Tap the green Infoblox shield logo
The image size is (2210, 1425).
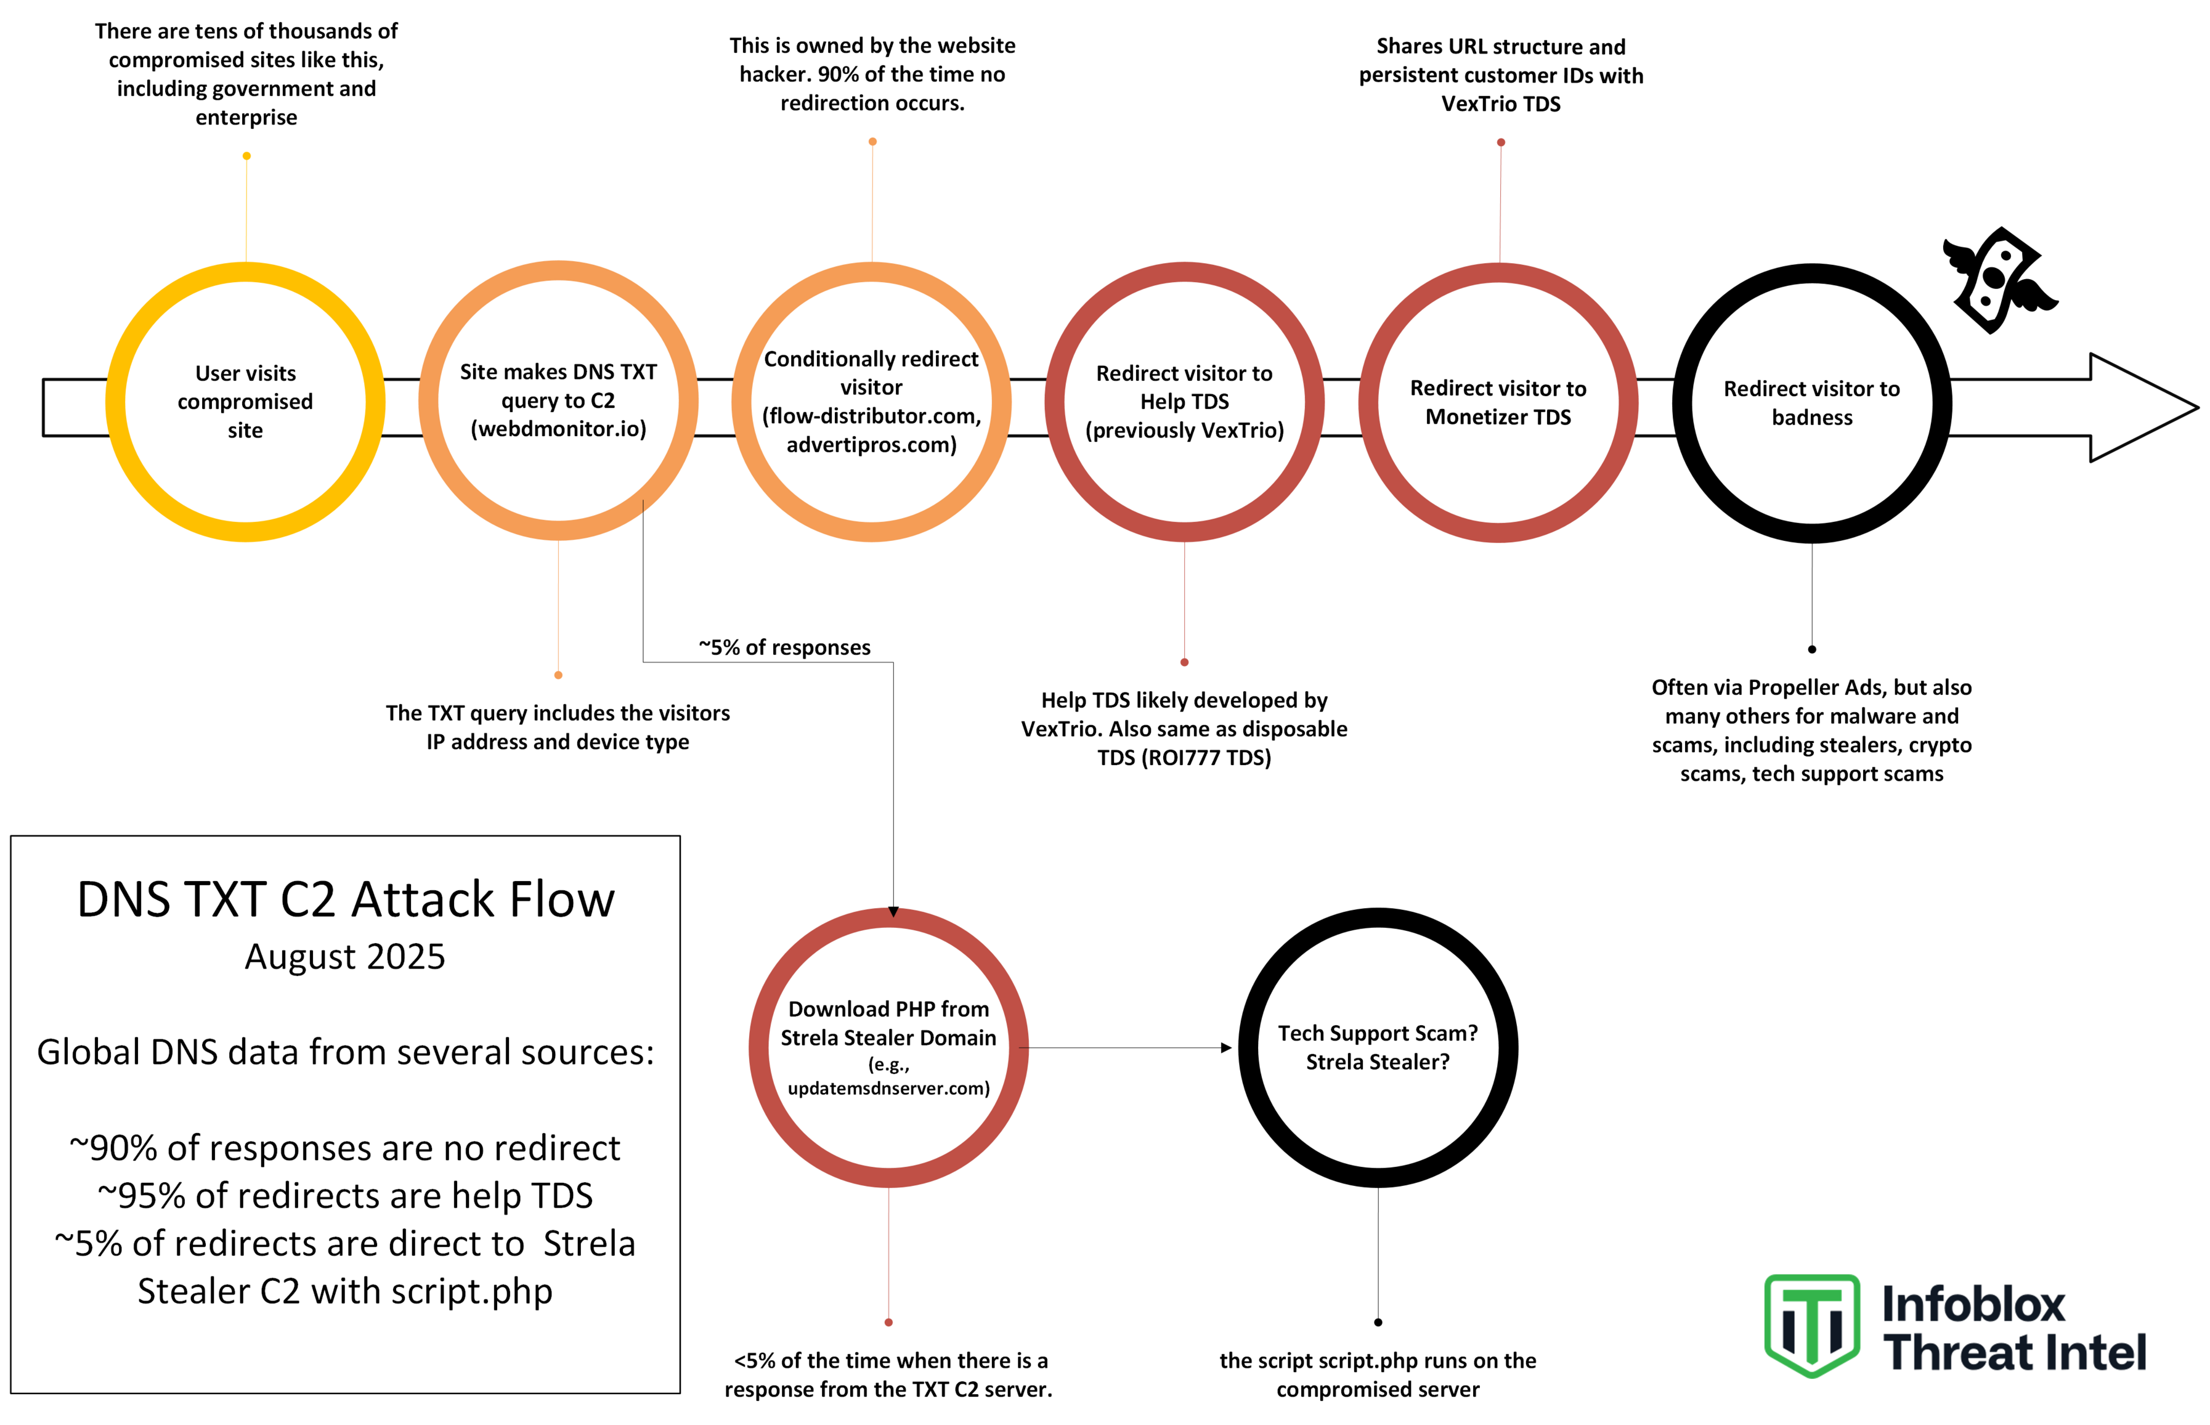coord(1811,1325)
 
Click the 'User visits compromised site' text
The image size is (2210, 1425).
coord(245,402)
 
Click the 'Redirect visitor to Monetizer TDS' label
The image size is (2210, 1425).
coord(1498,402)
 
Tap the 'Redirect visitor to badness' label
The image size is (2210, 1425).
coord(1811,402)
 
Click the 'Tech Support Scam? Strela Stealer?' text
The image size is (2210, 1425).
coord(1378,1047)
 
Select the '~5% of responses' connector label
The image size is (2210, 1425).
coord(784,647)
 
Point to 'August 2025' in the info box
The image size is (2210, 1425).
coord(345,957)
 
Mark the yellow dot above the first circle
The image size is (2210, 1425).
coord(246,155)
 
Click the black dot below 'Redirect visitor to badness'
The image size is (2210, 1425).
coord(1811,649)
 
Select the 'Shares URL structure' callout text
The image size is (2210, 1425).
coord(1500,75)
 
